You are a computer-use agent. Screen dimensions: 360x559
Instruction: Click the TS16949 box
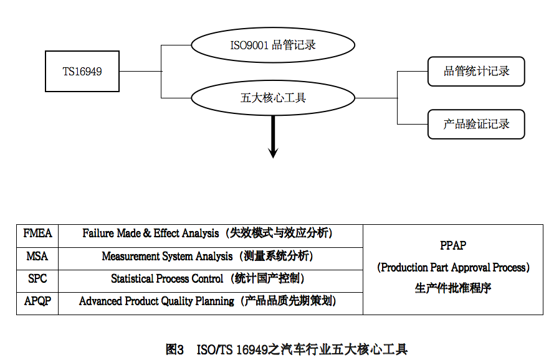pyautogui.click(x=82, y=72)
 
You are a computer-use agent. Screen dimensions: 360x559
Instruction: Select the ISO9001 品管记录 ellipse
pyautogui.click(x=272, y=45)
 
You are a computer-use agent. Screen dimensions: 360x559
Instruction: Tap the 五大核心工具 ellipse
pyautogui.click(x=272, y=98)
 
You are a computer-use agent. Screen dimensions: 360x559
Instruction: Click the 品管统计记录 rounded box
pyautogui.click(x=476, y=71)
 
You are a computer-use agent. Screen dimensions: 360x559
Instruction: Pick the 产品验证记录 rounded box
pyautogui.click(x=476, y=124)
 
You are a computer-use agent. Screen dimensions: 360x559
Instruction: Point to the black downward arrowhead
pyautogui.click(x=273, y=151)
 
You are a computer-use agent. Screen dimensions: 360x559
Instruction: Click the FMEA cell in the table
pyautogui.click(x=37, y=234)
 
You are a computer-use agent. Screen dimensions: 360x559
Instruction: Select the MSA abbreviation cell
pyautogui.click(x=37, y=256)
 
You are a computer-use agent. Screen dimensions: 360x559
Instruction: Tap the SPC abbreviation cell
pyautogui.click(x=37, y=278)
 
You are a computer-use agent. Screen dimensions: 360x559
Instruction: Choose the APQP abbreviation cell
pyautogui.click(x=37, y=301)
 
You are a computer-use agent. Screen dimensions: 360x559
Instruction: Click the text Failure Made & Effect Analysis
pyautogui.click(x=150, y=234)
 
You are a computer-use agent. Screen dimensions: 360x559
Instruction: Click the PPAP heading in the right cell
pyautogui.click(x=453, y=246)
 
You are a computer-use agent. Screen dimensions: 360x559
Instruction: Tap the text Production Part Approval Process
pyautogui.click(x=453, y=267)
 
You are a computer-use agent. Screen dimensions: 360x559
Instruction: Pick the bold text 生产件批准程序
pyautogui.click(x=453, y=288)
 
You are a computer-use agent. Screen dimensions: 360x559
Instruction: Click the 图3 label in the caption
pyautogui.click(x=174, y=349)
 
